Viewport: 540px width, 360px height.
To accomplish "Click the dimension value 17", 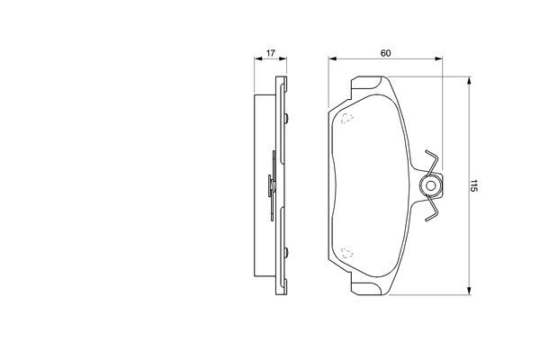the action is click(x=271, y=53).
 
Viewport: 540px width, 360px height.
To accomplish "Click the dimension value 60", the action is click(x=386, y=53).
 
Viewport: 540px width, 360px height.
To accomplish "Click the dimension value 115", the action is click(x=473, y=185).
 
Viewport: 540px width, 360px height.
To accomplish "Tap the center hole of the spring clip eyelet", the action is click(x=430, y=186).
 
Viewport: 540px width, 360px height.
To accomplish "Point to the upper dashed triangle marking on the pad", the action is click(x=347, y=118).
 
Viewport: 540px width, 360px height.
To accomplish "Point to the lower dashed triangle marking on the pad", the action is click(x=347, y=253).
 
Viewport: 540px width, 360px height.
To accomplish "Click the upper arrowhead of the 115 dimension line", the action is click(x=469, y=81).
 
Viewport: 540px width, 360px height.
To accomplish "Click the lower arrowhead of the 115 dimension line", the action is click(x=469, y=291).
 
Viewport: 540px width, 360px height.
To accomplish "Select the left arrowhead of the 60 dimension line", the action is click(x=332, y=58).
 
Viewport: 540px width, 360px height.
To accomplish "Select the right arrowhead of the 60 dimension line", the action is click(x=438, y=58).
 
